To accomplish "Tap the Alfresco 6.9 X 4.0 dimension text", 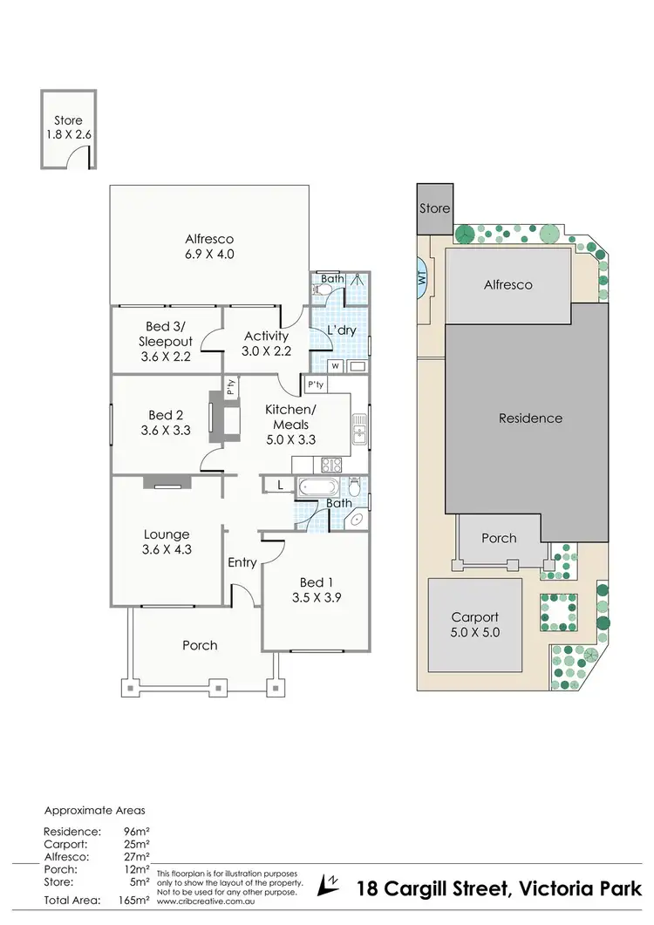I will point(209,247).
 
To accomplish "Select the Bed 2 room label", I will point(167,421).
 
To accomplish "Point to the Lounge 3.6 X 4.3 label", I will point(167,542).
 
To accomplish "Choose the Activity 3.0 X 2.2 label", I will point(266,343).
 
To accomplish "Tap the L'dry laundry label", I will point(341,331).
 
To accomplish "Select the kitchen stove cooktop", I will point(331,465).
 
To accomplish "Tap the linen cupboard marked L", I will point(278,486).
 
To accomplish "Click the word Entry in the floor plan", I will point(242,562).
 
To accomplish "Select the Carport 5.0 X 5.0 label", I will point(474,624).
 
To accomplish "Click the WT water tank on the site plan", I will point(422,280).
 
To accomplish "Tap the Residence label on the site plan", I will point(530,418).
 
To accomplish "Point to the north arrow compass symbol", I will point(330,885).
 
